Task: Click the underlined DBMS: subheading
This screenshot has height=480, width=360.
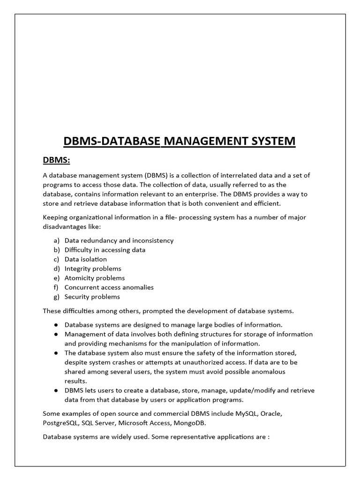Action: (x=56, y=160)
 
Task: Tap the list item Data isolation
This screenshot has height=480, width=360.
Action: (x=85, y=259)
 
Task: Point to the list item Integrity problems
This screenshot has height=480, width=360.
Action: (x=93, y=269)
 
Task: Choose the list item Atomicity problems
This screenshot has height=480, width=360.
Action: (x=95, y=278)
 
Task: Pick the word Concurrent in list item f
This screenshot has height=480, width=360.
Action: (x=81, y=287)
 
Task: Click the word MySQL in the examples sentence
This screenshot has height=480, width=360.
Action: (x=246, y=414)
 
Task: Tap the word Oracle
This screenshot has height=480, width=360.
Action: (x=271, y=414)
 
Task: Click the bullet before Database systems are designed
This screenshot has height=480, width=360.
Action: (x=56, y=325)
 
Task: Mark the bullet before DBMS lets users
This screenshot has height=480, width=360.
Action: (x=56, y=390)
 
